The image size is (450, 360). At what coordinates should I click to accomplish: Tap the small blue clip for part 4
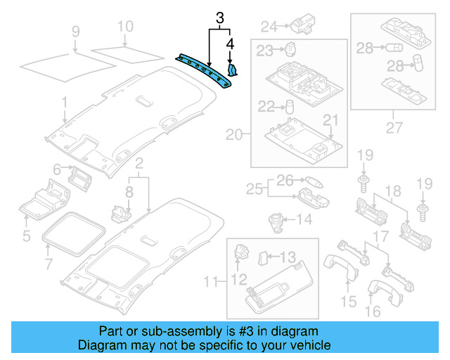pos(233,69)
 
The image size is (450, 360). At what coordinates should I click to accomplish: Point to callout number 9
pos(76,31)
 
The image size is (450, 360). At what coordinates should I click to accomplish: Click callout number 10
pos(124,27)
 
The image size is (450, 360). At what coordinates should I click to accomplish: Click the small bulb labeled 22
pos(288,107)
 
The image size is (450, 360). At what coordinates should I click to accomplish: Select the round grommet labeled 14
pos(275,220)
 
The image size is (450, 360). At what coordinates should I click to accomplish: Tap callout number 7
pos(48,264)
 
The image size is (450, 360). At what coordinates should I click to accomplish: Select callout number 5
pos(26,236)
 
